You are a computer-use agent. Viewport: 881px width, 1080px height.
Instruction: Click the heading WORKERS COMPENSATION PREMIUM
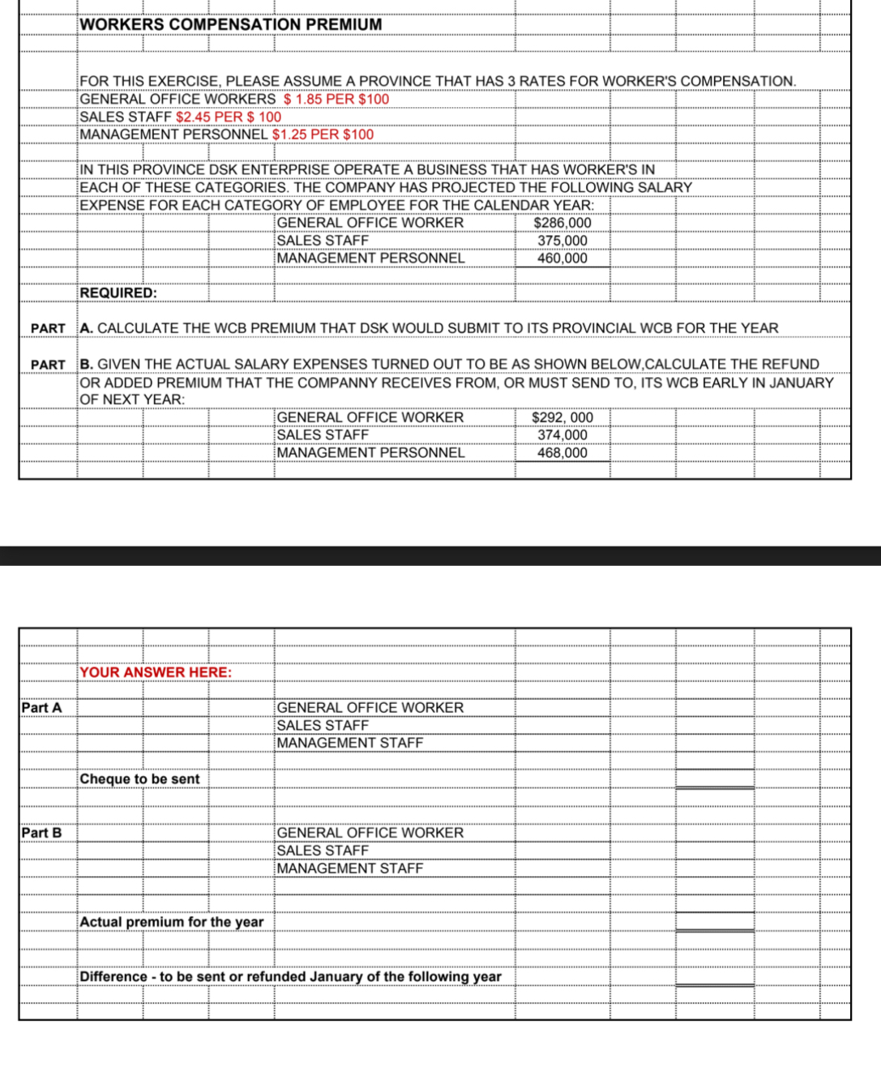coord(231,24)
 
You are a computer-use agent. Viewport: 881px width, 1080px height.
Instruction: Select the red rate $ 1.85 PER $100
coord(336,99)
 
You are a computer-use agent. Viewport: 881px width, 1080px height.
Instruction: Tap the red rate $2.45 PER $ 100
coord(229,117)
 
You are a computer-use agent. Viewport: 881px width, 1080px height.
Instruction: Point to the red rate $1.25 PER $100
coord(323,135)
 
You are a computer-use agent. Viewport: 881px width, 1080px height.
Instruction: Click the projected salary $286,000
coord(562,223)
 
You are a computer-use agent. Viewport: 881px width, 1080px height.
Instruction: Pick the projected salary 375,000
coord(562,241)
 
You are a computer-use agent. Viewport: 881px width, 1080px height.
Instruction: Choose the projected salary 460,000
coord(562,259)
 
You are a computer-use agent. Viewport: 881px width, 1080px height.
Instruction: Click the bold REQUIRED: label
coord(118,293)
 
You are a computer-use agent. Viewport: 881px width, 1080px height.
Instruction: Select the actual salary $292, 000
coord(562,418)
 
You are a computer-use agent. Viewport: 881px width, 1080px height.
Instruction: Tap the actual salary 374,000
coord(562,435)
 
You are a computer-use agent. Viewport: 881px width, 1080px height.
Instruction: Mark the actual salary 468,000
coord(562,453)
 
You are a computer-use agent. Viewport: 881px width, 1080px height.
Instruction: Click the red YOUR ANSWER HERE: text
coord(156,672)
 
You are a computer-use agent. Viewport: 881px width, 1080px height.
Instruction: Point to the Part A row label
coord(41,708)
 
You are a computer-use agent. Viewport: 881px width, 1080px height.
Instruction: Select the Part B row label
coord(41,833)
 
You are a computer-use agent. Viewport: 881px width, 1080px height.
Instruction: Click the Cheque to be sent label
coord(139,779)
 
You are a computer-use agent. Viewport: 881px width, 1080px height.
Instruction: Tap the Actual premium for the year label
coord(172,922)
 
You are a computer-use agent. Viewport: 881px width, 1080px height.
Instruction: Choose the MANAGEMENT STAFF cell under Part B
coord(350,868)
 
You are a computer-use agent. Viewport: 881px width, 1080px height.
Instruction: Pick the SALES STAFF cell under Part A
coord(323,726)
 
